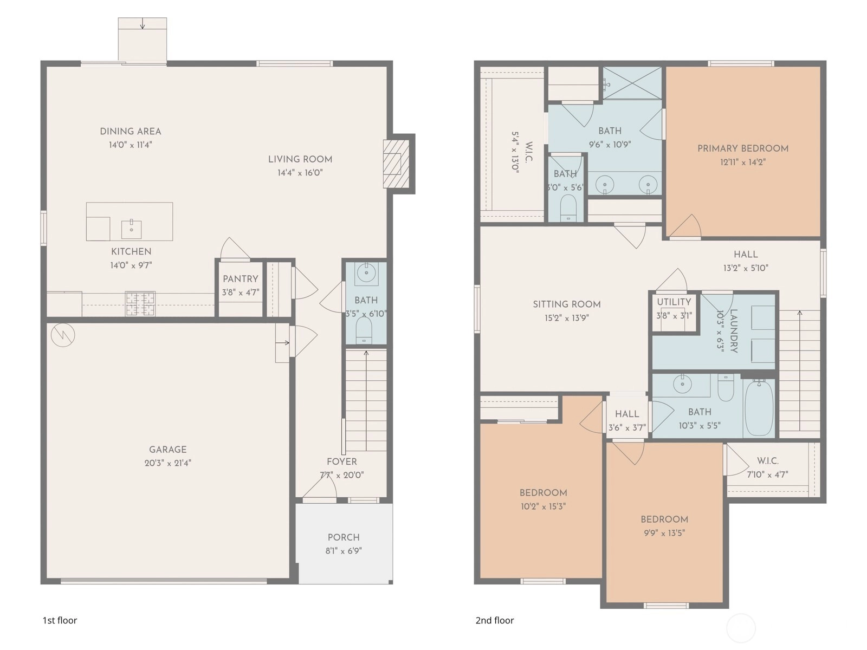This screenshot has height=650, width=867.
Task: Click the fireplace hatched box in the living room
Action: [x=396, y=164]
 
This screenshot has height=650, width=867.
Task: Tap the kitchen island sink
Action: [x=131, y=229]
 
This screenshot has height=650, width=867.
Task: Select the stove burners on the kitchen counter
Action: [x=140, y=303]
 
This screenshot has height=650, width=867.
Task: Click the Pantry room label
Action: [x=240, y=279]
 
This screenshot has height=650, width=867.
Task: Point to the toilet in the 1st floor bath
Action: [x=364, y=330]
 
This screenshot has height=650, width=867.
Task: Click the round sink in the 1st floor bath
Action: [x=366, y=272]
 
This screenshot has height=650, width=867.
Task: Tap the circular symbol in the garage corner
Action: [x=63, y=335]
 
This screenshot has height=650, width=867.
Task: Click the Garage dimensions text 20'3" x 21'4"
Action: [x=168, y=463]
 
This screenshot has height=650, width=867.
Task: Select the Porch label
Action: [x=344, y=537]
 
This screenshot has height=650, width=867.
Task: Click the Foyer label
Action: [x=342, y=461]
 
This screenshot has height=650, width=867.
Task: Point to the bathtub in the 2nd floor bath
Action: [x=759, y=408]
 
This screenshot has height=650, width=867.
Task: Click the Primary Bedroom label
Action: [x=743, y=148]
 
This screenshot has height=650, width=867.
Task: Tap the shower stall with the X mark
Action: [x=632, y=83]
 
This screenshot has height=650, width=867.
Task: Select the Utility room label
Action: [x=674, y=302]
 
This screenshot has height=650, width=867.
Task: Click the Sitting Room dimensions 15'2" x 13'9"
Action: [x=567, y=318]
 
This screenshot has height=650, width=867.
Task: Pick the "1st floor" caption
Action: [x=60, y=620]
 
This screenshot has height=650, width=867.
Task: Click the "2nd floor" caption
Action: [x=495, y=620]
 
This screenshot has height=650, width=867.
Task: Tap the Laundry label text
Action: [x=734, y=331]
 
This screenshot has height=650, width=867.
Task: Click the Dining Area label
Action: [x=131, y=132]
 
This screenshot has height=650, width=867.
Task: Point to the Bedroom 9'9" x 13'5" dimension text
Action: [x=664, y=533]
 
